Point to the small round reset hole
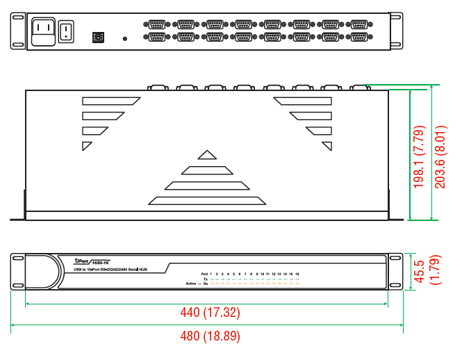point(125,39)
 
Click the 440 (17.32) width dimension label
point(211,313)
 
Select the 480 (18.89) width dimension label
point(211,337)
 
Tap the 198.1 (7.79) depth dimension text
point(418,157)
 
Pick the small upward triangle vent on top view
point(207,155)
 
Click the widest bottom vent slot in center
point(207,200)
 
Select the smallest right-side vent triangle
point(327,145)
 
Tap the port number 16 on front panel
point(297,273)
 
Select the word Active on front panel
point(191,284)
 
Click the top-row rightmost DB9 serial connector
point(359,24)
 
